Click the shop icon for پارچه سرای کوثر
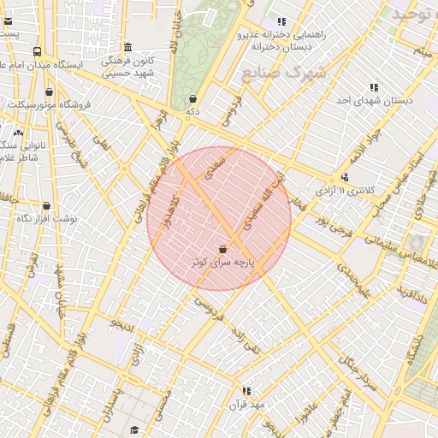click(223, 249)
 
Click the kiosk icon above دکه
click(192, 98)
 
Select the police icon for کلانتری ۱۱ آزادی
click(345, 177)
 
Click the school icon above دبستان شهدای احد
click(374, 87)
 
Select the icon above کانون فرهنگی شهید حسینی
click(127, 47)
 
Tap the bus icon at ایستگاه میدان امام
click(38, 51)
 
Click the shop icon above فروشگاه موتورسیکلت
click(49, 92)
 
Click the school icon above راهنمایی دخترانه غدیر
click(281, 22)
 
